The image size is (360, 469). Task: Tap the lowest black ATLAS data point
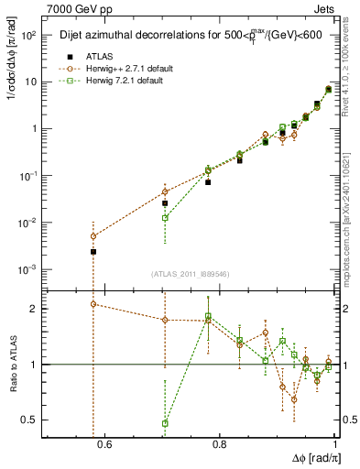pyautogui.click(x=93, y=251)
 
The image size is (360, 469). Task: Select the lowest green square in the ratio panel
pyautogui.click(x=165, y=423)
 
